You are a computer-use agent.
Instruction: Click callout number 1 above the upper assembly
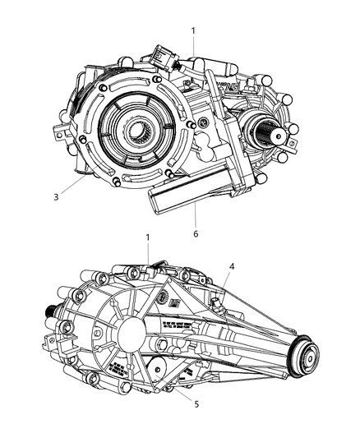tap(193, 30)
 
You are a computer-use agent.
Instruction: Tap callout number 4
tap(233, 265)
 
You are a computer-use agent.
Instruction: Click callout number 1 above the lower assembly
tap(149, 238)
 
